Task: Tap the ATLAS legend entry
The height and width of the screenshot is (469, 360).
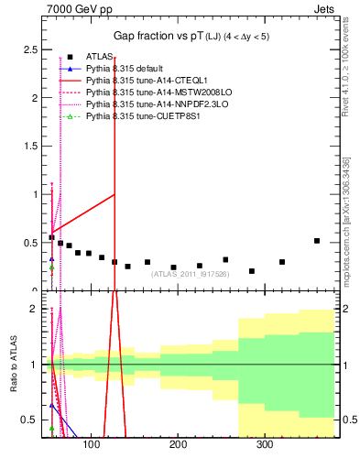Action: pos(96,57)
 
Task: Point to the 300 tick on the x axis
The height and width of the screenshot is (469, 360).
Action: pos(265,446)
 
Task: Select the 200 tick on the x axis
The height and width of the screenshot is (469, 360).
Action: pos(178,446)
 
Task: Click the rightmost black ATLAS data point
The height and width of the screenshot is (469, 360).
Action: pos(317,241)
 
